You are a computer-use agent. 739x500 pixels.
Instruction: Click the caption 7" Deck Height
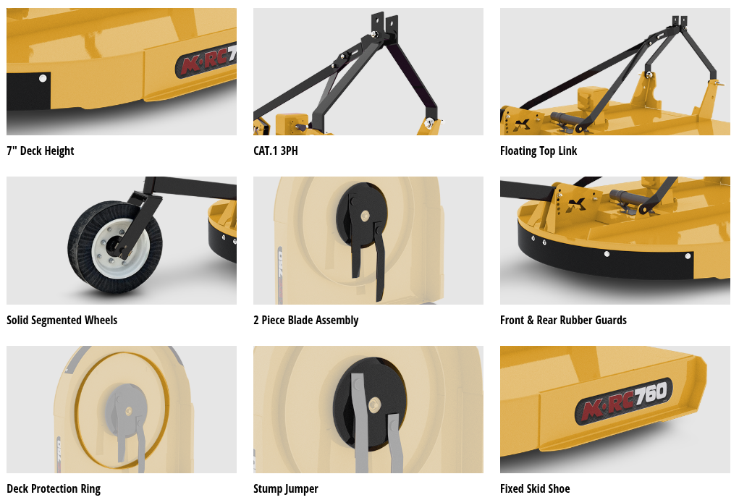point(40,151)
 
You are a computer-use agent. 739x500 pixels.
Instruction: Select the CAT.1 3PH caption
point(276,151)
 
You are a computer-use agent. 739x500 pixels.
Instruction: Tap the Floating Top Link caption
point(539,151)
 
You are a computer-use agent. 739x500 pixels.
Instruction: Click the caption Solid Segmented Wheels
point(62,320)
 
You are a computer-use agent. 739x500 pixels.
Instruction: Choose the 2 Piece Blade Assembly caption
point(306,320)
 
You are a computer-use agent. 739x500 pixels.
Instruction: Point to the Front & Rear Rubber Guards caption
point(563,320)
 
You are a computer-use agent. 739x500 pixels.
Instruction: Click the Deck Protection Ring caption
point(54,488)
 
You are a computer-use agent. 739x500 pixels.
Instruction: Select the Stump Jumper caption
point(286,488)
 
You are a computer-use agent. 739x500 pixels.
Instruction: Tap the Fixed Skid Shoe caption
point(535,488)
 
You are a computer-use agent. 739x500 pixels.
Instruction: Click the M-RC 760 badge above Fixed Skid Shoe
point(623,401)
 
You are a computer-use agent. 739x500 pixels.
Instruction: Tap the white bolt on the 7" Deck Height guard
point(43,78)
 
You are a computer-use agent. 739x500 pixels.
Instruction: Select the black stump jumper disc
point(369,404)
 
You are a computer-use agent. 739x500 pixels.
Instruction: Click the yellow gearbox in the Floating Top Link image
point(591,98)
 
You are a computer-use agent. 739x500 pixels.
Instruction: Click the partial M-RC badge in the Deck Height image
point(206,60)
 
